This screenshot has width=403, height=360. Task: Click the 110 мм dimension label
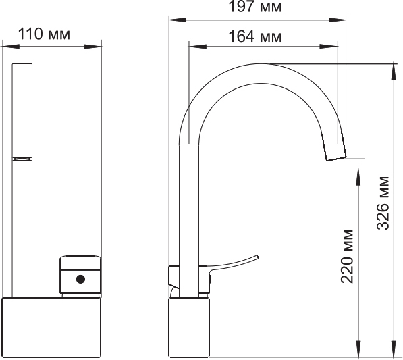coord(51,34)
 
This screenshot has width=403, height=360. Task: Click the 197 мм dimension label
coord(255,8)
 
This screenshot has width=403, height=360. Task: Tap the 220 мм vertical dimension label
coord(348,257)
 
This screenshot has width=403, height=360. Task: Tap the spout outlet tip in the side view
coord(336,156)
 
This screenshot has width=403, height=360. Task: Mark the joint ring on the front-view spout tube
coord(22,158)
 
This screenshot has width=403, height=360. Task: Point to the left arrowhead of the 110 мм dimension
coord(6,47)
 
